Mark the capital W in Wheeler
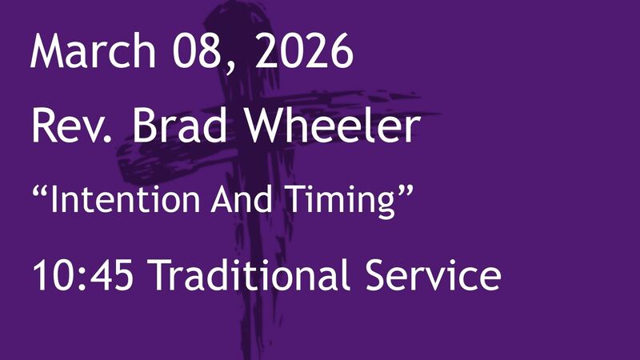(x=274, y=126)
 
